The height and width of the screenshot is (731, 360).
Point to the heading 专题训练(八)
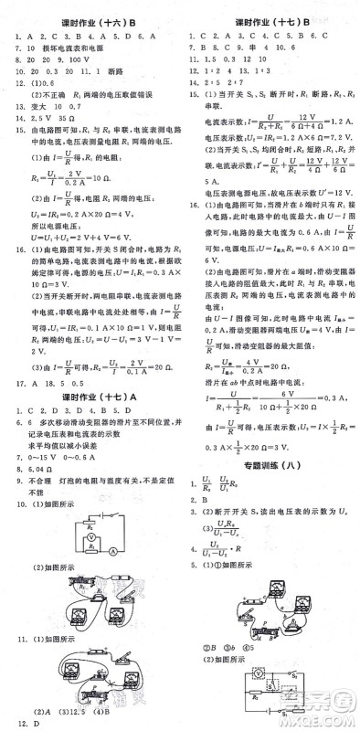point(270,491)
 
